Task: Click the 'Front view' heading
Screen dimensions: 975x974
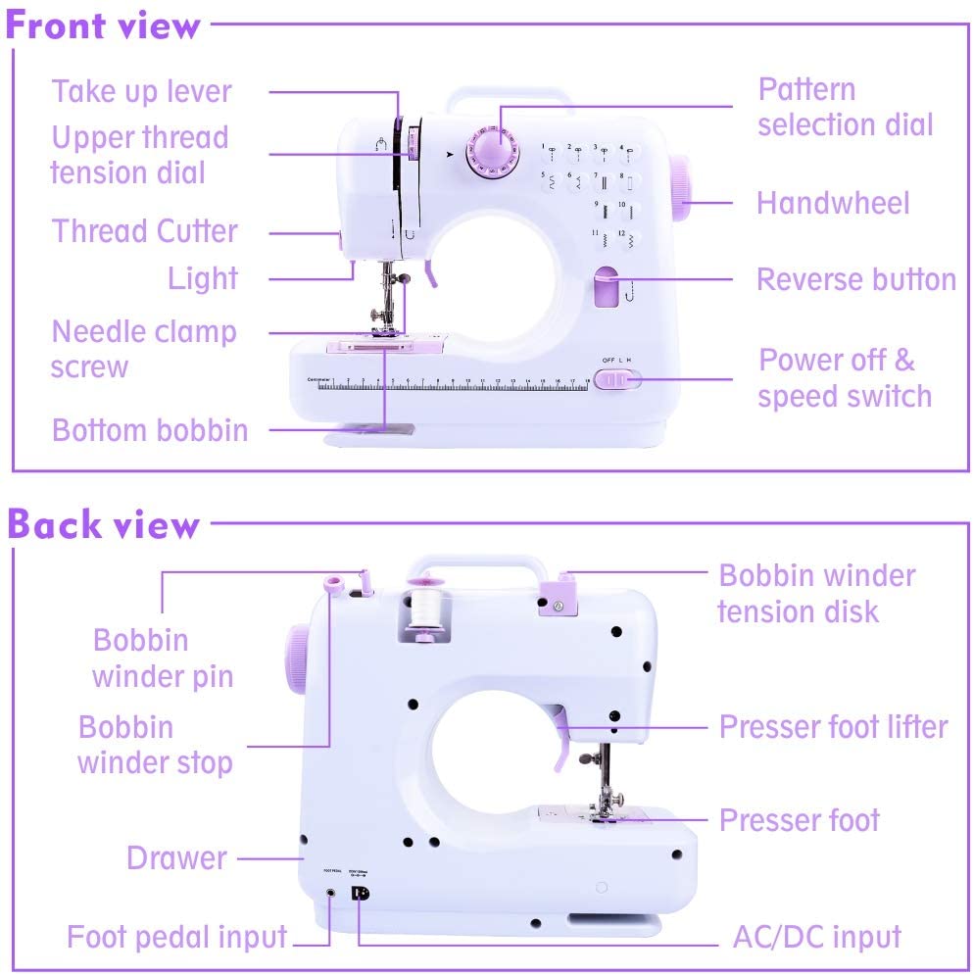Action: tap(103, 25)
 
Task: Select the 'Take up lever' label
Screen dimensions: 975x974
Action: tap(142, 91)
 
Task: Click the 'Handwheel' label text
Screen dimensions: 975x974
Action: tap(833, 203)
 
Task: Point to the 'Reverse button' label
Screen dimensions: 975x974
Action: tap(855, 279)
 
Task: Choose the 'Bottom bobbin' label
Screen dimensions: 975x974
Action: tap(150, 430)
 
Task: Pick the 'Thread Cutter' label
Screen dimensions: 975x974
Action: tap(144, 232)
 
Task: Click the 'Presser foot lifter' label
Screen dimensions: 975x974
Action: tap(833, 727)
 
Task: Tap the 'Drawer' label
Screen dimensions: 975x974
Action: tap(176, 858)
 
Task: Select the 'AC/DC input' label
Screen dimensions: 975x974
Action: tap(816, 936)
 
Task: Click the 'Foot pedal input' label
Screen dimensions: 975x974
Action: tap(176, 936)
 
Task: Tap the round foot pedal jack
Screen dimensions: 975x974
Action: tap(330, 893)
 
